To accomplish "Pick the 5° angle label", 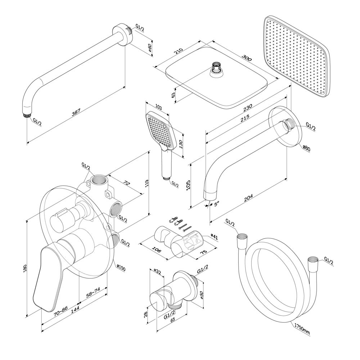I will click(217, 204).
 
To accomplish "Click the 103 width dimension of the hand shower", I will click(158, 108).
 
